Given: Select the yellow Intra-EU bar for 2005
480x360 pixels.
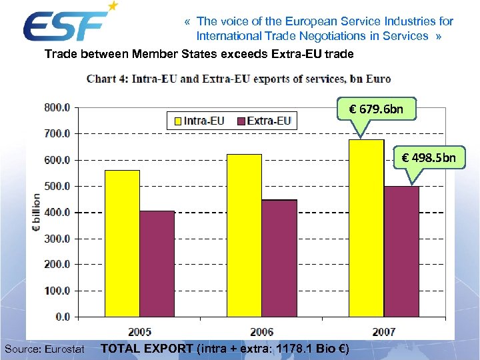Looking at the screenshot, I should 122,243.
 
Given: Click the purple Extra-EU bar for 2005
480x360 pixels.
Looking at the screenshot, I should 157,263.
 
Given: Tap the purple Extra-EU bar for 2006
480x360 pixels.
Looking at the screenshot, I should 279,257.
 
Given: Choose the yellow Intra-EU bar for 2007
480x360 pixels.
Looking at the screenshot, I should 366,227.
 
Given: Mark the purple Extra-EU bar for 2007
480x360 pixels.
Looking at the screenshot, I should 401,251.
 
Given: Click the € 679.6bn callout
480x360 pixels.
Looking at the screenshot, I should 376,109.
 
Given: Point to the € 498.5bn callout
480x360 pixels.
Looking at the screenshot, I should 429,158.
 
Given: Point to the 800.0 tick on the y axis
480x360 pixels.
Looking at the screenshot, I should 57,107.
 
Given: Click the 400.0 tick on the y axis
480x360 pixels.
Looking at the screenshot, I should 57,212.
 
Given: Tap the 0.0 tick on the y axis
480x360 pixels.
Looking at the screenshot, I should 63,317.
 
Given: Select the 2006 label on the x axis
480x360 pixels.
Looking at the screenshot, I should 261,331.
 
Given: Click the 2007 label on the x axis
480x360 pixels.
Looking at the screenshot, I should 383,331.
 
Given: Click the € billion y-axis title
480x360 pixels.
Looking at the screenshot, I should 36,212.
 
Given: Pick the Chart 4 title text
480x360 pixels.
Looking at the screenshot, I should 239,79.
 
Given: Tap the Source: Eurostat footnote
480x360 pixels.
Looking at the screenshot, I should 44,348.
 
